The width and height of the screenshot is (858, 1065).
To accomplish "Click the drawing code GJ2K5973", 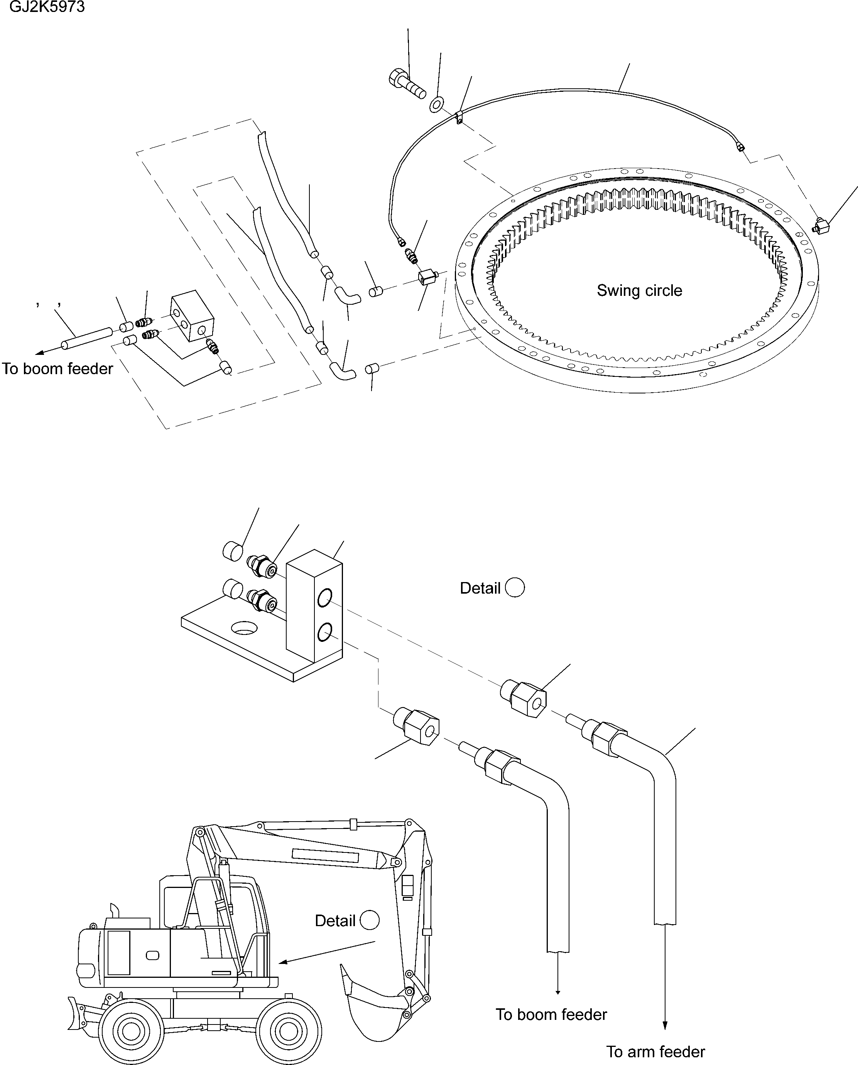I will pyautogui.click(x=47, y=7).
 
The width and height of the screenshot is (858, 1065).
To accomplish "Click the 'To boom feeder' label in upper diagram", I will pyautogui.click(x=57, y=369).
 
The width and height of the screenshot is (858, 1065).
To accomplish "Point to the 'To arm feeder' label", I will pyautogui.click(x=655, y=1051).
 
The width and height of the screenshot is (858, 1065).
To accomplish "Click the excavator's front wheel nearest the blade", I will pyautogui.click(x=130, y=1031).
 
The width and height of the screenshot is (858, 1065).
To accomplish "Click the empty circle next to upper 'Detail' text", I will pyautogui.click(x=515, y=587).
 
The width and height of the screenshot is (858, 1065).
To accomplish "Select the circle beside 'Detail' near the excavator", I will pyautogui.click(x=370, y=921).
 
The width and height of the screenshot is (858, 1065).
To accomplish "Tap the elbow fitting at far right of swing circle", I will pyautogui.click(x=821, y=227).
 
